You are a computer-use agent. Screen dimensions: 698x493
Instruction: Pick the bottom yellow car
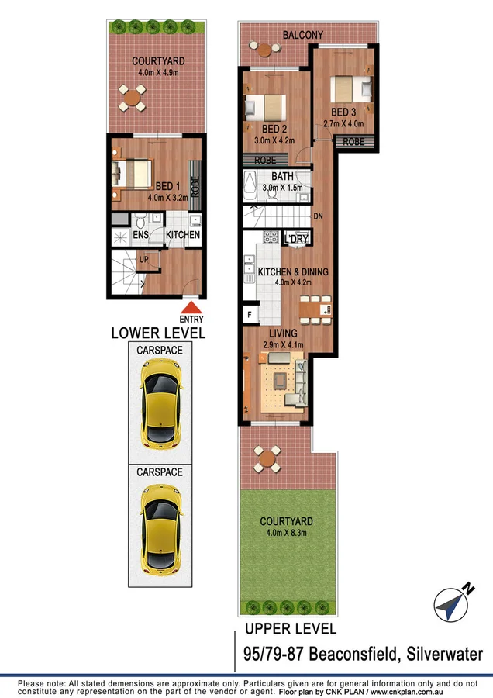pos(160,527)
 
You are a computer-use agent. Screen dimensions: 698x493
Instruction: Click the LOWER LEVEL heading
pos(158,333)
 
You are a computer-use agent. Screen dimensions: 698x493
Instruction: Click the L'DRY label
pos(296,239)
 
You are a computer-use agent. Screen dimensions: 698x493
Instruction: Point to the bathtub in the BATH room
pos(250,186)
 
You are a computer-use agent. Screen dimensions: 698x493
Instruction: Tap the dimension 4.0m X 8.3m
pos(287,533)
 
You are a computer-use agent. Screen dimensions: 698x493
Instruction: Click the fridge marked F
pos(249,314)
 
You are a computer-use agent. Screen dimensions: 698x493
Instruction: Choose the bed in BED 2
pos(264,106)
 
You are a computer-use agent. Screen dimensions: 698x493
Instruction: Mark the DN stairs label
pos(318,216)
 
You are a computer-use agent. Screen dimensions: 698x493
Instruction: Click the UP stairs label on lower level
pos(143,259)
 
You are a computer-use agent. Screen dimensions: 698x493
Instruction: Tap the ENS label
pos(140,235)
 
